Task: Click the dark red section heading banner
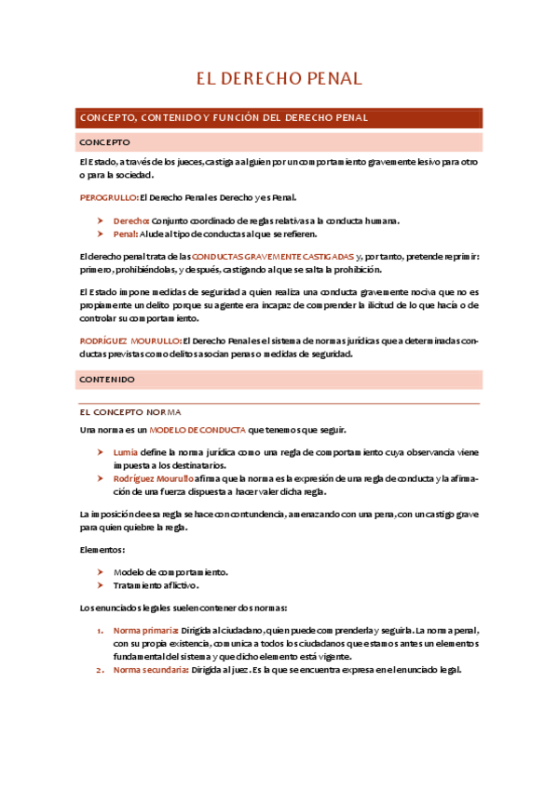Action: point(279,118)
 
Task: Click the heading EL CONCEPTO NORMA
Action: point(130,411)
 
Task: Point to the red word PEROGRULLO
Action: point(108,197)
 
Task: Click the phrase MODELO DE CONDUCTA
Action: point(197,429)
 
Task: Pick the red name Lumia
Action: point(125,451)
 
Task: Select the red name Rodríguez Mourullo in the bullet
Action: point(154,478)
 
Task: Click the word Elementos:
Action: point(102,549)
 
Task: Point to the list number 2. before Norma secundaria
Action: point(101,670)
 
